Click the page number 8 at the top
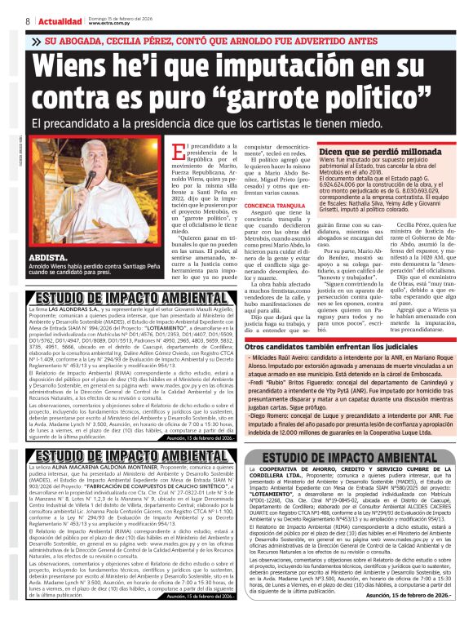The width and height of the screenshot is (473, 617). [28, 20]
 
